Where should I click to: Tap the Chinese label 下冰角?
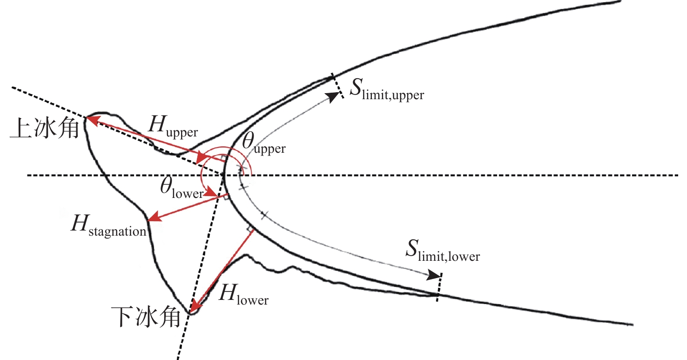click(x=147, y=318)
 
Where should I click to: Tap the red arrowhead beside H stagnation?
click(x=152, y=219)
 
